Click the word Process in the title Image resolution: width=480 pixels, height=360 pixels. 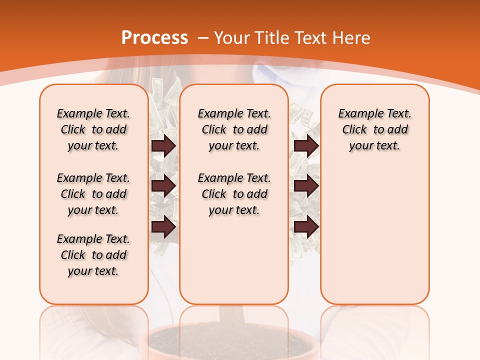click(x=154, y=38)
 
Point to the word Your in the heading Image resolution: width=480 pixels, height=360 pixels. click(x=232, y=38)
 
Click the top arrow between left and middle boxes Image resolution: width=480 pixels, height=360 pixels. click(x=163, y=145)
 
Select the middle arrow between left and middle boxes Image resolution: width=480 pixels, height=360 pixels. click(x=163, y=186)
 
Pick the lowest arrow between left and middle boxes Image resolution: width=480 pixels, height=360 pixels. click(x=163, y=227)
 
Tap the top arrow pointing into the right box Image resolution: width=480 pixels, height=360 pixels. click(x=306, y=145)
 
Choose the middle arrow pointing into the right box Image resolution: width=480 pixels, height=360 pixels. click(x=306, y=186)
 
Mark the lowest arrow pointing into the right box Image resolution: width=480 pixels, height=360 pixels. click(x=306, y=227)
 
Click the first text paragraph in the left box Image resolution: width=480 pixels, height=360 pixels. click(x=93, y=129)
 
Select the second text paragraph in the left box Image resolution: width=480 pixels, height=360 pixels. click(x=93, y=194)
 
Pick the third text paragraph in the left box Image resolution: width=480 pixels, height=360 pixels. click(x=93, y=255)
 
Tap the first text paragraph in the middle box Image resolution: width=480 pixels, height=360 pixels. click(x=234, y=129)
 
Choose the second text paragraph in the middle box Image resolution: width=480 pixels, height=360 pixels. click(x=234, y=194)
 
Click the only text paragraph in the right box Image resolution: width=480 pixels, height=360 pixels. click(x=374, y=129)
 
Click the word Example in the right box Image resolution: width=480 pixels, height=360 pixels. click(x=357, y=114)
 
